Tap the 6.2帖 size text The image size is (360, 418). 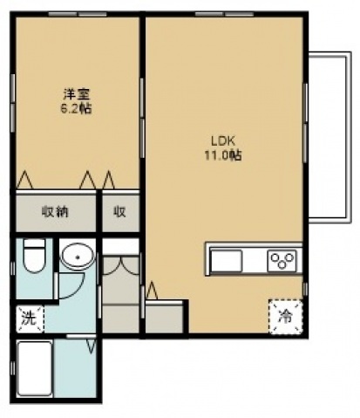[x=76, y=109]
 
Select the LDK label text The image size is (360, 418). [x=222, y=141]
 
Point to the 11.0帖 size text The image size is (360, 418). [x=223, y=155]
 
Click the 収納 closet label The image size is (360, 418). [x=55, y=212]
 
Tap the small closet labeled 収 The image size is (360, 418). [x=119, y=212]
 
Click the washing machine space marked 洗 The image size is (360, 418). [x=30, y=319]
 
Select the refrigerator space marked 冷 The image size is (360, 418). [x=285, y=317]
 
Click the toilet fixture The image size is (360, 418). [x=34, y=255]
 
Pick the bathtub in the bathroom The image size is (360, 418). [x=35, y=369]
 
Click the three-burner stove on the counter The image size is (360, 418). [x=282, y=259]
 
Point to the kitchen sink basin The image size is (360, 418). [x=226, y=260]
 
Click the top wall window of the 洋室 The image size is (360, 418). [x=78, y=14]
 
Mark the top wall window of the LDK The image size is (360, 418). [x=224, y=14]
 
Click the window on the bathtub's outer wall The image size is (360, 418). [x=12, y=368]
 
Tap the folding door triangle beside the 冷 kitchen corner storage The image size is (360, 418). [x=152, y=291]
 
